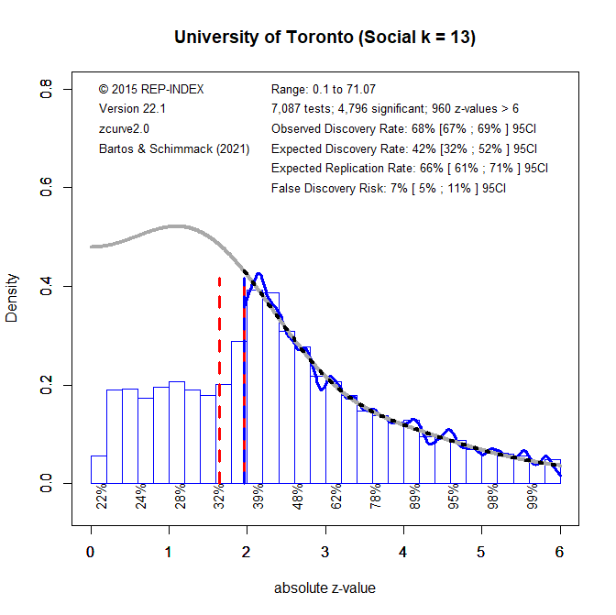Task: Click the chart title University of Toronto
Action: click(x=324, y=38)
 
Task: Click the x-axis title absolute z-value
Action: click(x=324, y=588)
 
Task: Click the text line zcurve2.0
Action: click(x=124, y=129)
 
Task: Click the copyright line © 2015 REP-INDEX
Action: click(x=150, y=90)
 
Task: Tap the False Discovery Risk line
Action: click(x=389, y=188)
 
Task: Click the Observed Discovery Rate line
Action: click(x=403, y=129)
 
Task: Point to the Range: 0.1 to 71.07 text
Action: click(x=324, y=90)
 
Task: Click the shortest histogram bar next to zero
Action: click(x=98, y=469)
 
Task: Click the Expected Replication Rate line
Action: click(x=409, y=169)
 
